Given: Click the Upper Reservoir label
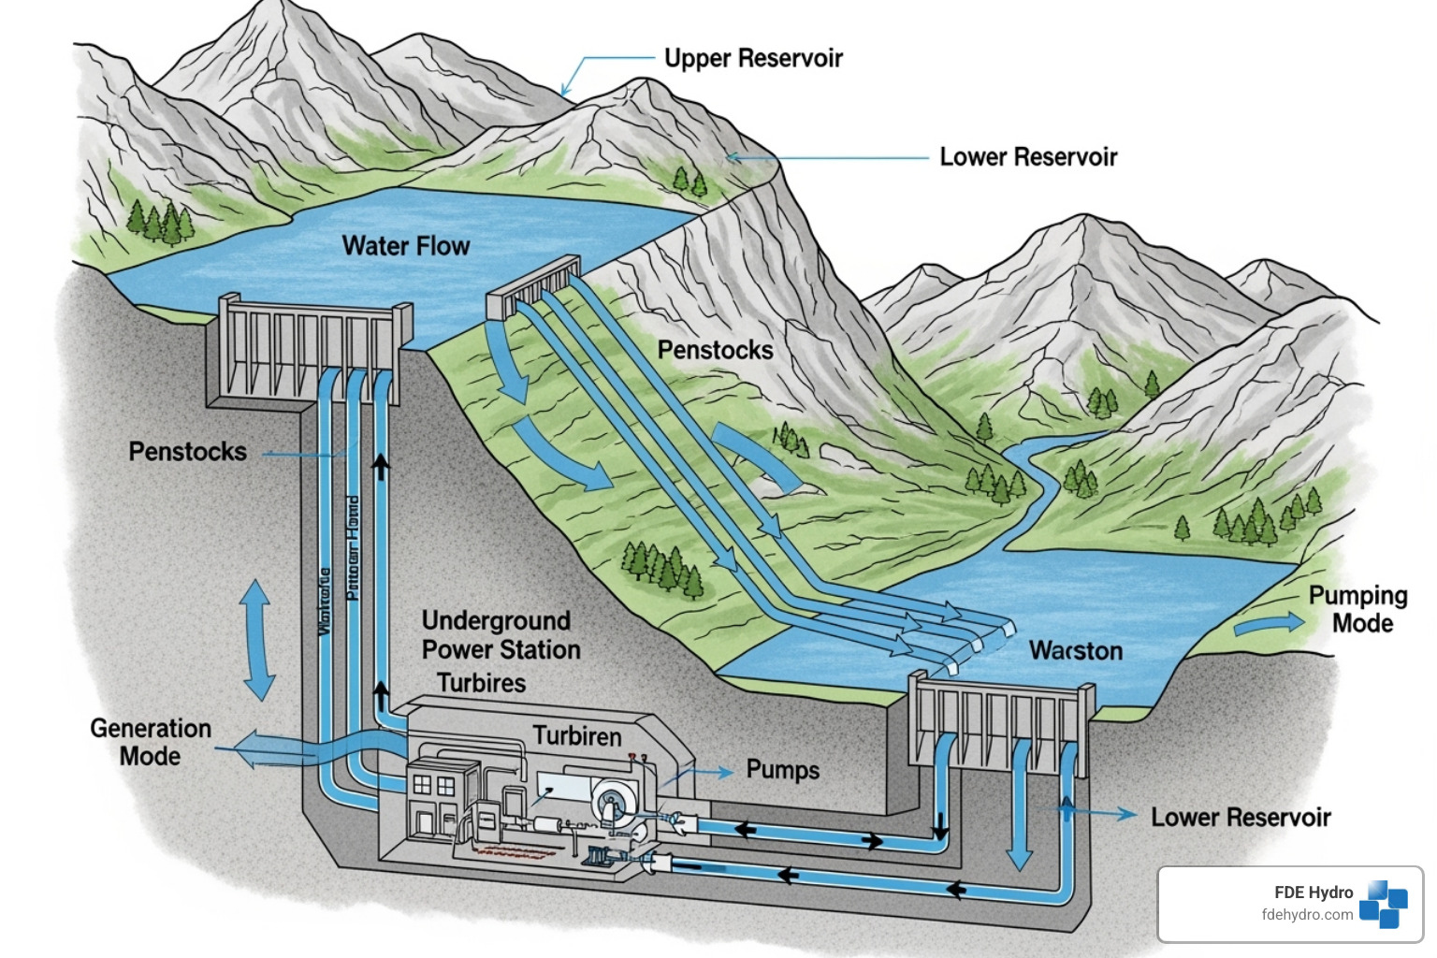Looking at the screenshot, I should click(x=753, y=58).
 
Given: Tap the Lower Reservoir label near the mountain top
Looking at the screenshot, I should click(x=1027, y=157).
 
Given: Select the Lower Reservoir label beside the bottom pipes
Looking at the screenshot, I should click(x=1240, y=817).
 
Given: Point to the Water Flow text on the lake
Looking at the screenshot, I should click(x=406, y=246).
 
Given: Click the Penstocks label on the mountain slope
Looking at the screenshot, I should click(x=715, y=350).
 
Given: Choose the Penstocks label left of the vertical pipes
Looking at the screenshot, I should click(x=187, y=451).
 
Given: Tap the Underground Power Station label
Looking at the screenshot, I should click(x=501, y=635).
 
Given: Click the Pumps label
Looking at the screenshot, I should click(x=782, y=770).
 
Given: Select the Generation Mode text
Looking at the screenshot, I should click(x=150, y=742).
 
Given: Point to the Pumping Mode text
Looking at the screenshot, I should click(x=1357, y=609).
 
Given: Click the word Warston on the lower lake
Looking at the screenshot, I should click(x=1076, y=650).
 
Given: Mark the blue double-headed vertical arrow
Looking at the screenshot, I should click(x=256, y=640).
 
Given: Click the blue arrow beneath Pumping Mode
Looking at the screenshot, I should click(x=1269, y=624).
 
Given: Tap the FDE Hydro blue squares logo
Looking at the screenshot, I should click(x=1384, y=904).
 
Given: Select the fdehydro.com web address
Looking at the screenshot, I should click(x=1307, y=915).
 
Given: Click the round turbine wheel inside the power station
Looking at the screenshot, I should click(x=611, y=802).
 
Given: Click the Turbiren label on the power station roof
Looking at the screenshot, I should click(x=577, y=736).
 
